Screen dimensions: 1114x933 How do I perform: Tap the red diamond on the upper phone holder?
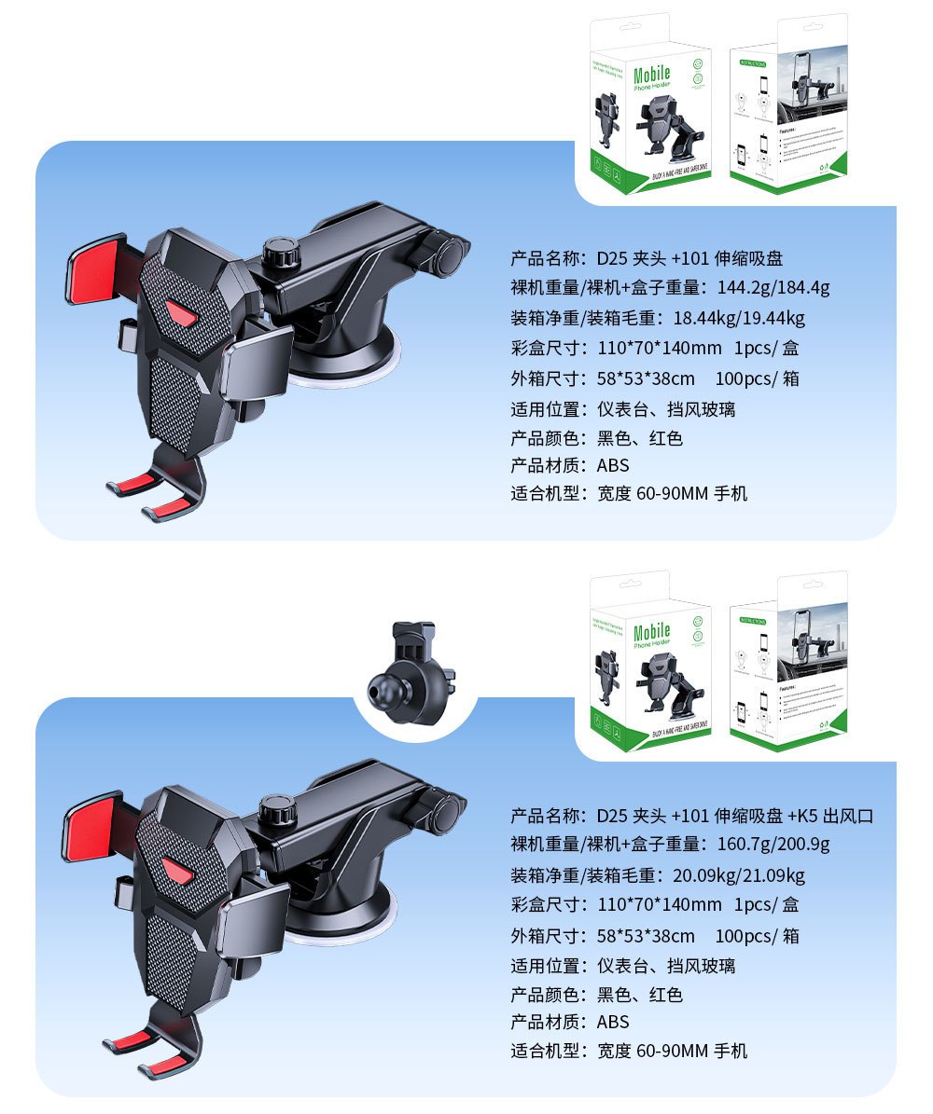(x=182, y=314)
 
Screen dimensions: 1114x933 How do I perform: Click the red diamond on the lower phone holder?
(x=176, y=870)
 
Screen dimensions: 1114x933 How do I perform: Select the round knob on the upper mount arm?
(x=278, y=253)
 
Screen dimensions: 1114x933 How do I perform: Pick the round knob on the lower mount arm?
(x=277, y=809)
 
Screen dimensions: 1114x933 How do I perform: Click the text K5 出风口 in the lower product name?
(x=830, y=817)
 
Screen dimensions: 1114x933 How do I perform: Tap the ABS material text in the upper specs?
(x=613, y=465)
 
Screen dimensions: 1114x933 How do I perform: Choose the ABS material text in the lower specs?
(x=613, y=1023)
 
